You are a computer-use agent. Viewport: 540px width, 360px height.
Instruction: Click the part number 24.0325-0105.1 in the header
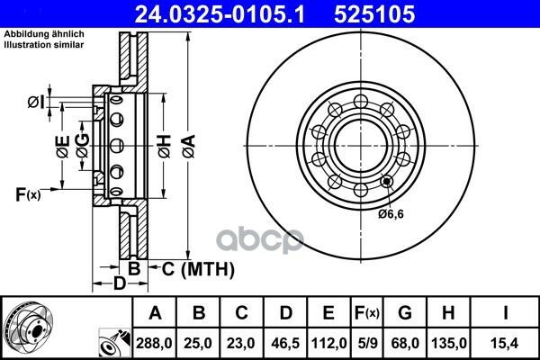220,14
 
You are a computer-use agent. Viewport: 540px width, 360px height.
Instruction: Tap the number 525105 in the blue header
374,14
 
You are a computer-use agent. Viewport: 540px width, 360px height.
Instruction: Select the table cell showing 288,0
154,343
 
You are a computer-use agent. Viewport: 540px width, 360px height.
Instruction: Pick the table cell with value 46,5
285,343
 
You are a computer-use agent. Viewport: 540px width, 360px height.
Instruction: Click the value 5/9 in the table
367,343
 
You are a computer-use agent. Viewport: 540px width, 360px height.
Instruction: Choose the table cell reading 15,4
506,343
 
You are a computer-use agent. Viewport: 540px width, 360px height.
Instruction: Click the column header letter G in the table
405,313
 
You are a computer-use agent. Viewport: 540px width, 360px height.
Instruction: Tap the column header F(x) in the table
367,313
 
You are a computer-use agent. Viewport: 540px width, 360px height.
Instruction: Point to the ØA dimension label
189,147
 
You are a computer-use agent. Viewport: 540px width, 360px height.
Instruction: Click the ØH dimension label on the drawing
165,147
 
